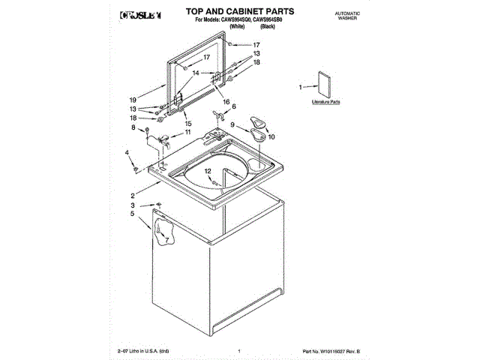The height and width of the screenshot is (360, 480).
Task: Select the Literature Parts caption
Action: pos(326,100)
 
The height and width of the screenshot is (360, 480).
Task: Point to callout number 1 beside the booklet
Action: pos(301,87)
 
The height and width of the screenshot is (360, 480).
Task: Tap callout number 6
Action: pos(234,106)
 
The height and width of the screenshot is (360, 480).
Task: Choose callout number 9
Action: pos(232,124)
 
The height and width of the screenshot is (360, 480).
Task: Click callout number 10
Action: pos(271,137)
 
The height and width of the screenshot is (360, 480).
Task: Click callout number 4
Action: pos(127,153)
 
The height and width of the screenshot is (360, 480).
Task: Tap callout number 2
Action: pos(133,196)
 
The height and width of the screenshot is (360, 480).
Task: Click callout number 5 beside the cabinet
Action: pos(133,214)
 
